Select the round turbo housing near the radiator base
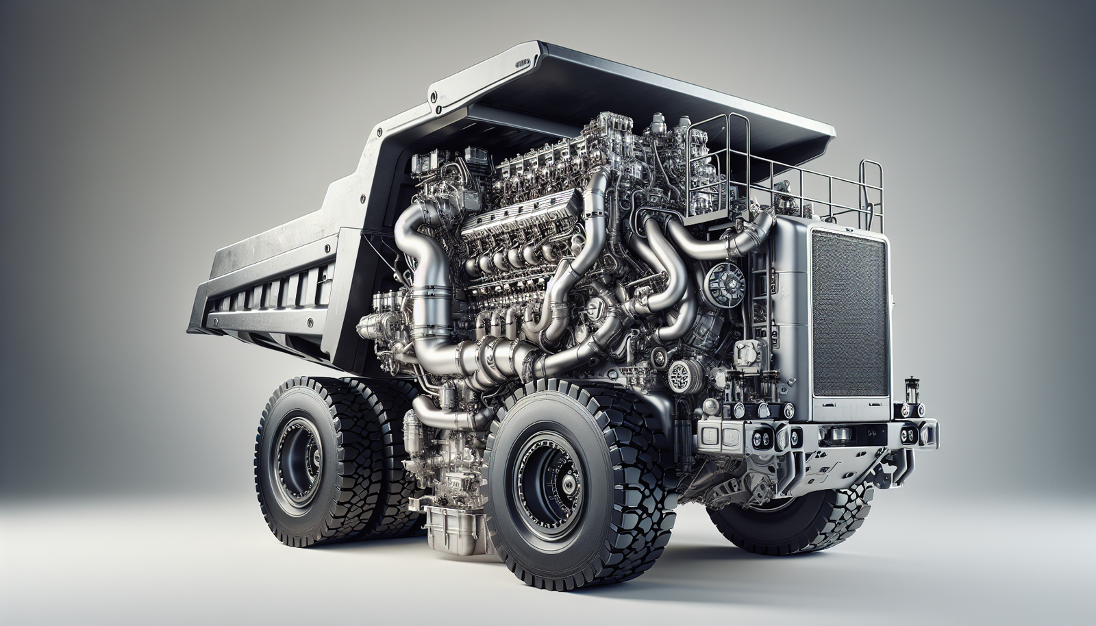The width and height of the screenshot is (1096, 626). click(682, 377)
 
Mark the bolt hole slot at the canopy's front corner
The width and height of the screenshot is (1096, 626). click(523, 62)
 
